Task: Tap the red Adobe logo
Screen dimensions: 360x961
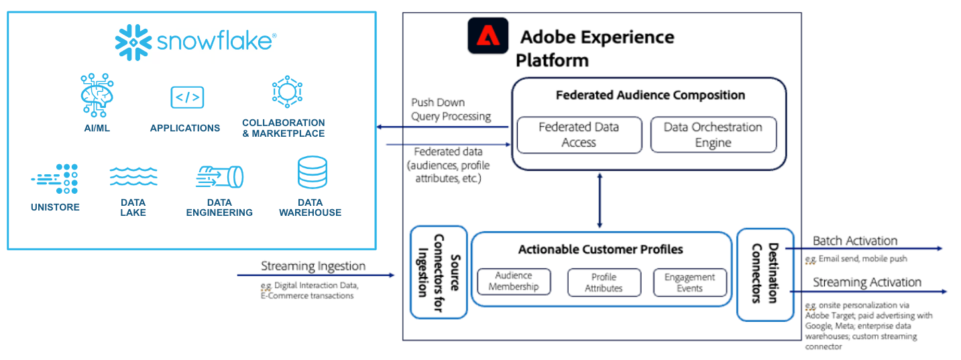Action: point(488,36)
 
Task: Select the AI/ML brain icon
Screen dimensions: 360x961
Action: point(97,95)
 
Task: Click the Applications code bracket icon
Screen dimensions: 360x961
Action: point(187,98)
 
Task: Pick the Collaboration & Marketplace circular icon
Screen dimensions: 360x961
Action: point(286,92)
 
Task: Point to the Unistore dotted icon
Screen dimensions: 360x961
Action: point(56,178)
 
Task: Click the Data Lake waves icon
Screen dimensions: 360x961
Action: point(133,176)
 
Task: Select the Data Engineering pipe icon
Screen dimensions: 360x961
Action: point(220,177)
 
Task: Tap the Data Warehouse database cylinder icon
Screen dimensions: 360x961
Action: point(312,172)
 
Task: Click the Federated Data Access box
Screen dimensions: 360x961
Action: point(578,135)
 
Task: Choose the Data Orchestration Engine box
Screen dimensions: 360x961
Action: point(713,135)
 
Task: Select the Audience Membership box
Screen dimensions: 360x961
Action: point(514,282)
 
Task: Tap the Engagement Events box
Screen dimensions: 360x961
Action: point(689,282)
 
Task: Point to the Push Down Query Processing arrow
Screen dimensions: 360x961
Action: point(443,127)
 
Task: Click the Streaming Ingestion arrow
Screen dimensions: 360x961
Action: point(315,276)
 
